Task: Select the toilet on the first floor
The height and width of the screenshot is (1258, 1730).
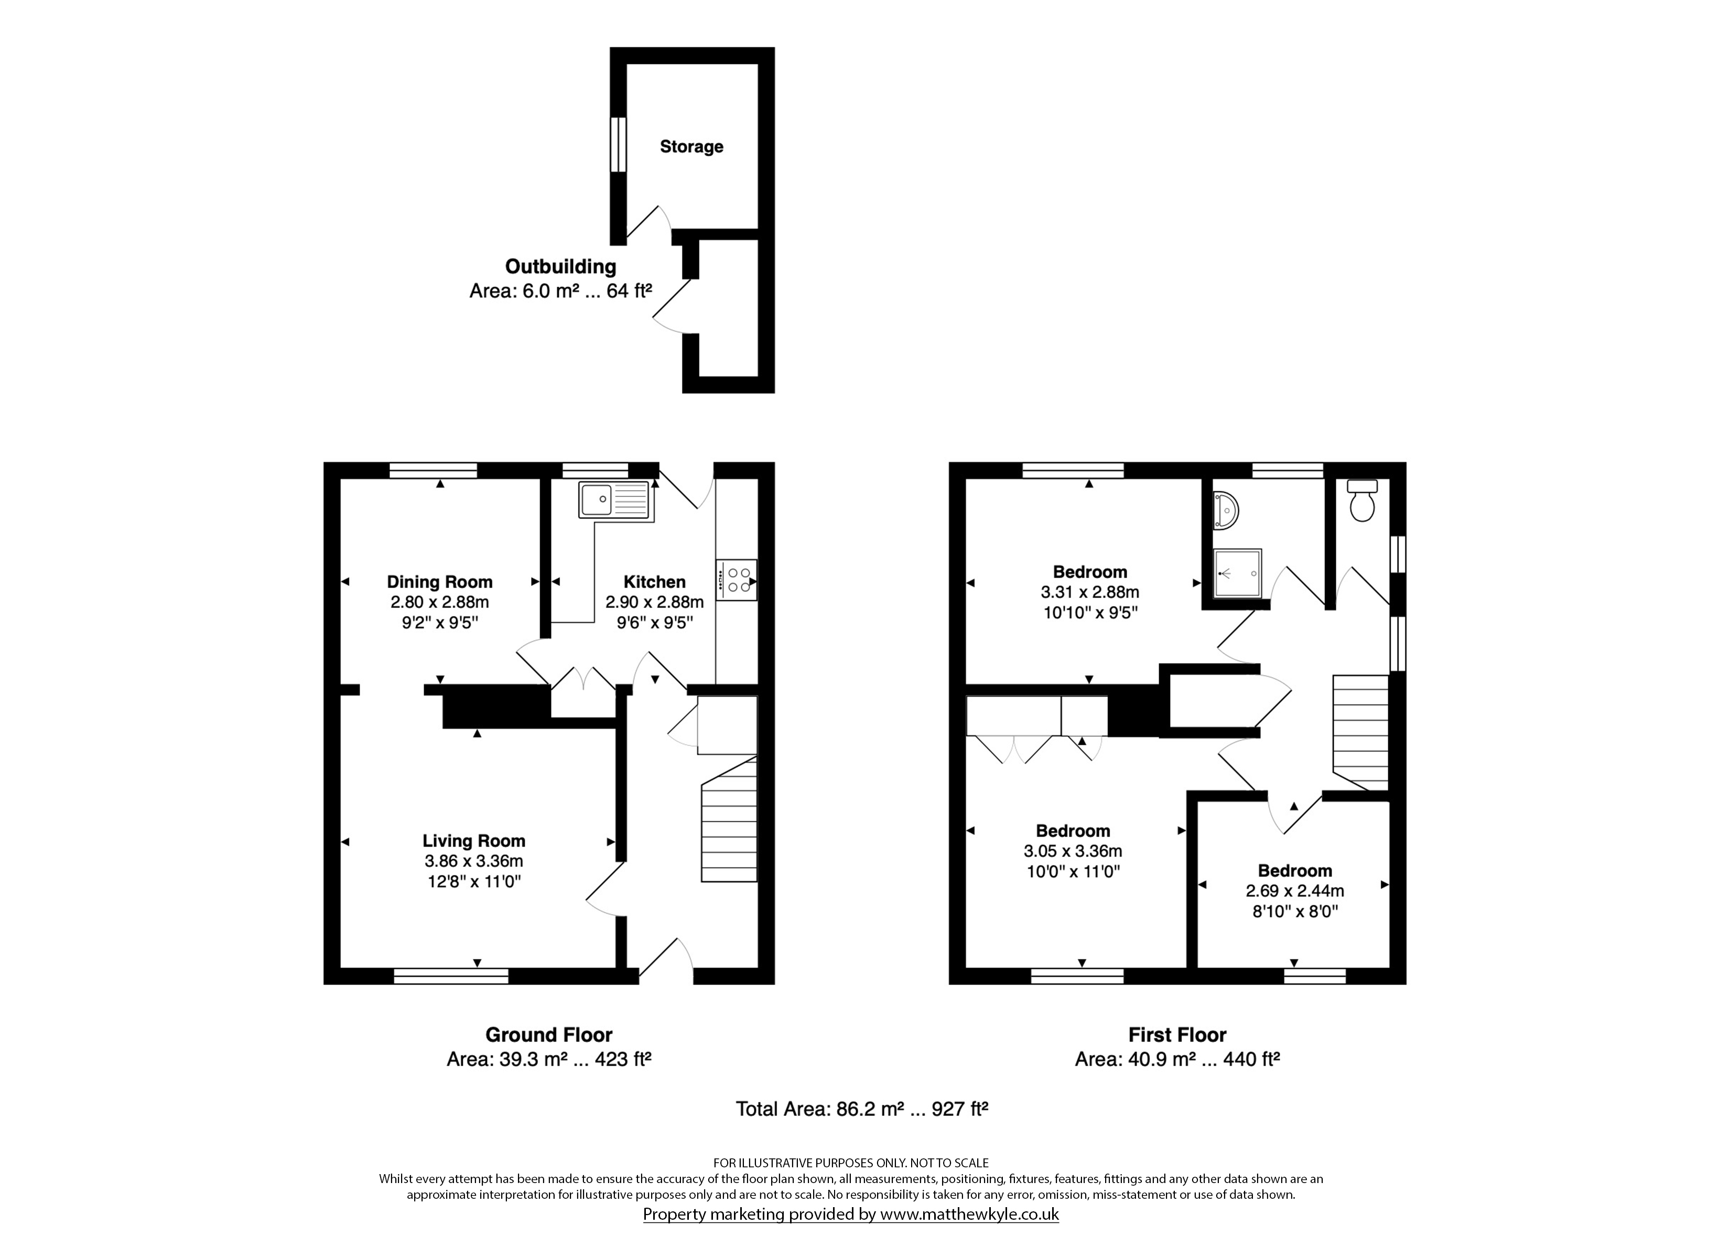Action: [x=1361, y=501]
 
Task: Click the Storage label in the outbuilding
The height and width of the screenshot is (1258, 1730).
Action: [x=691, y=146]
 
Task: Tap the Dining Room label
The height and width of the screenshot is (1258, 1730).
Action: [x=439, y=582]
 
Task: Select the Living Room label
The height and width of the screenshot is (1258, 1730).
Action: [x=474, y=841]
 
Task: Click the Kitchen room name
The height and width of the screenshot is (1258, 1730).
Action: [x=654, y=582]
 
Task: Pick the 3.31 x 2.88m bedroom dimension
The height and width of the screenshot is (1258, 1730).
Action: [x=1090, y=592]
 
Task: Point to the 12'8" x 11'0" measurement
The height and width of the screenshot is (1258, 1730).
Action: [x=474, y=882]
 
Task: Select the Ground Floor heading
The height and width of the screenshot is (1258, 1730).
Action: [x=549, y=1035]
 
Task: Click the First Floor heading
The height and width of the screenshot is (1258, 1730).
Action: [x=1178, y=1035]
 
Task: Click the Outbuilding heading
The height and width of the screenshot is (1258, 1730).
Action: [x=560, y=266]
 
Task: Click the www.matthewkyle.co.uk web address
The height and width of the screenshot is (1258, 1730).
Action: [x=969, y=1214]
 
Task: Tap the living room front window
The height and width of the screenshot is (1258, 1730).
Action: [x=451, y=975]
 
